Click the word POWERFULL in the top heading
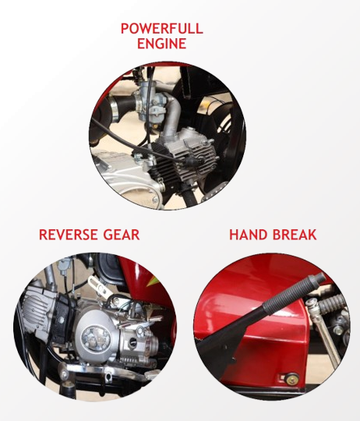162,29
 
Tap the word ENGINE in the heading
162,44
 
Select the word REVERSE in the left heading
68,235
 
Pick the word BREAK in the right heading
295,235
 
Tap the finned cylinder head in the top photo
185,158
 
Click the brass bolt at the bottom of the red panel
290,380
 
